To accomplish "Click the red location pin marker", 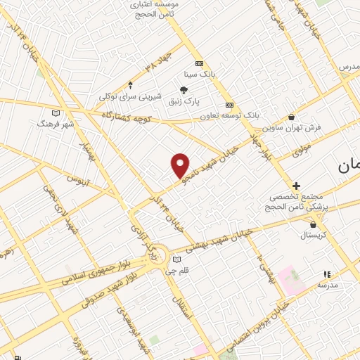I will [x=181, y=165].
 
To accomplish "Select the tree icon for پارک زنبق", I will [x=184, y=89].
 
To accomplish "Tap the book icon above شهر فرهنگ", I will [x=56, y=112].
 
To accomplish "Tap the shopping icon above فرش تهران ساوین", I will [x=292, y=117].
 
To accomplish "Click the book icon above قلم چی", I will [x=176, y=259].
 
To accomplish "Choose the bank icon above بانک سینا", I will [x=199, y=63].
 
